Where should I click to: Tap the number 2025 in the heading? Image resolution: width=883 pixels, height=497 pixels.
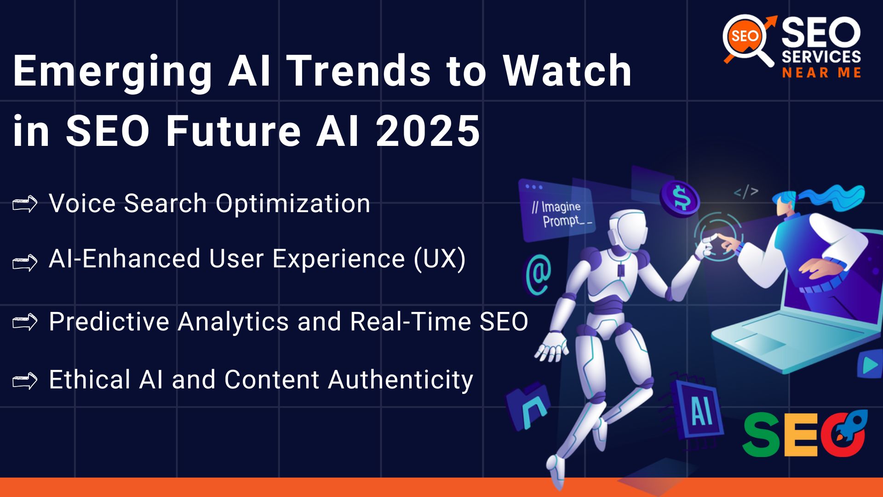428,131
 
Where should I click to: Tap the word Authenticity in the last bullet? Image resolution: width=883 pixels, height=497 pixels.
400,380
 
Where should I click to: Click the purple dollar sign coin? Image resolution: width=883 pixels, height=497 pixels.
680,197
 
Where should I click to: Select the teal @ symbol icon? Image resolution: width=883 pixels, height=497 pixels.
539,275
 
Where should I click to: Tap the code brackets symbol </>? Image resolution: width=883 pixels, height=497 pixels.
745,191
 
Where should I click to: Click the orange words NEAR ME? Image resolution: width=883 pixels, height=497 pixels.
821,73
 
